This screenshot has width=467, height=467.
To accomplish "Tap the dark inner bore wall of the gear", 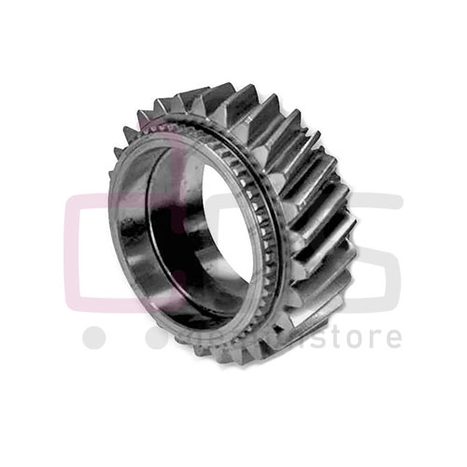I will pyautogui.click(x=210, y=233).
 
